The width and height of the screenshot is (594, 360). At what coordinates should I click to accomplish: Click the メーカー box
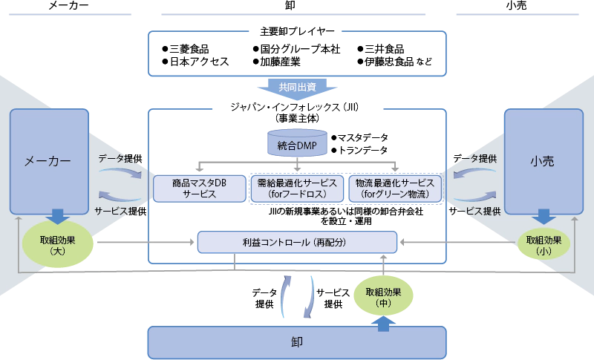point(48,160)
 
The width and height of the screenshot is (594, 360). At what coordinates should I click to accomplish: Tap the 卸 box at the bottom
point(298,343)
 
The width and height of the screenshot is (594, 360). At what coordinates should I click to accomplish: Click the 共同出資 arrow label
point(297,87)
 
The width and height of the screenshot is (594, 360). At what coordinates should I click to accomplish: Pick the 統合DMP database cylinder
point(297,145)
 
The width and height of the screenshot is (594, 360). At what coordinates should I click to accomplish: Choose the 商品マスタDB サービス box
point(199,189)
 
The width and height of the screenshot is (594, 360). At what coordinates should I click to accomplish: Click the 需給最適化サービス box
point(296,189)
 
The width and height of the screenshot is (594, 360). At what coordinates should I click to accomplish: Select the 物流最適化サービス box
point(395,189)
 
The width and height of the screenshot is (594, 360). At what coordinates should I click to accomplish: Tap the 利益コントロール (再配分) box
point(296,242)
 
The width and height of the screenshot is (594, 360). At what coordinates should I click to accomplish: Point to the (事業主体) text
point(296,117)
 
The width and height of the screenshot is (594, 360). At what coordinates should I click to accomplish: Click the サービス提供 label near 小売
point(475,211)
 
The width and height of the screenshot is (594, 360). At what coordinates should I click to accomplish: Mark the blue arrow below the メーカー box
point(58,217)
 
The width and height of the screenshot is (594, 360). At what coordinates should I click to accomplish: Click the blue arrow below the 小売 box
point(544,217)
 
